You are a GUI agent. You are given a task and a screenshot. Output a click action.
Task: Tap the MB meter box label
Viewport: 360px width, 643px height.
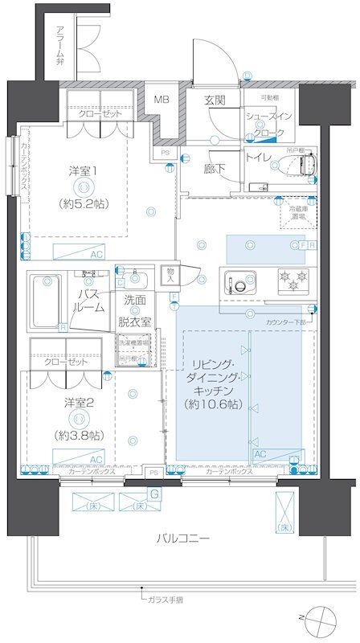tap(162, 100)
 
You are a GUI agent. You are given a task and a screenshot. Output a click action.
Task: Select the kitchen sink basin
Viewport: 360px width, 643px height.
tap(239, 282)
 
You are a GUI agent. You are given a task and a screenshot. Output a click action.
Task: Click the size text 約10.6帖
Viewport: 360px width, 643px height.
tap(212, 404)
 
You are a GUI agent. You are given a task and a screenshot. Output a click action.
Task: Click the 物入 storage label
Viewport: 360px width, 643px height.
tap(170, 274)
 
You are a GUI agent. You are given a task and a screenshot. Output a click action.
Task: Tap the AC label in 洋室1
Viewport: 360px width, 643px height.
tap(96, 254)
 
